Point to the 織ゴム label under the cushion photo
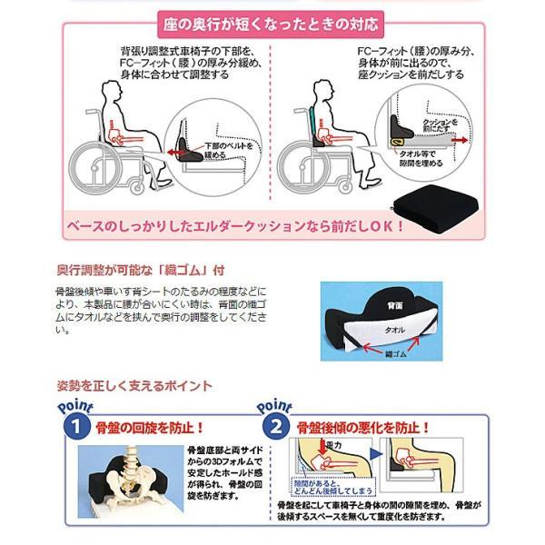(x=396, y=359)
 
